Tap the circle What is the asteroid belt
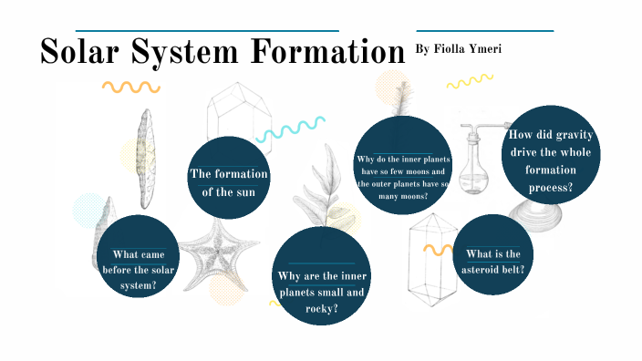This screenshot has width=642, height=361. pos(492,255)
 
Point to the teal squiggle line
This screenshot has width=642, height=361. pos(291,128)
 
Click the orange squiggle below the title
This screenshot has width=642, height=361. pos(130,88)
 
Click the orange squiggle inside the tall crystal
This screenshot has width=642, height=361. pos(437,248)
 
